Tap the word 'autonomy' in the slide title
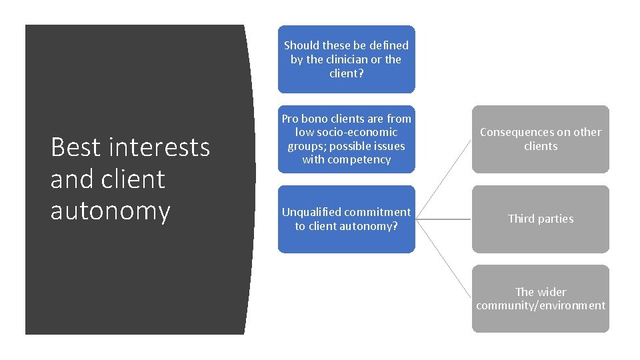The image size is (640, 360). [x=110, y=211]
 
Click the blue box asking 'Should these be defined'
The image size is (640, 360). [x=346, y=59]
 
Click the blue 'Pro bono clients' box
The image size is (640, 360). [x=346, y=139]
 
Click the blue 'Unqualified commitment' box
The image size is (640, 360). [x=346, y=219]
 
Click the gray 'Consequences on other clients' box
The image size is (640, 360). [x=541, y=139]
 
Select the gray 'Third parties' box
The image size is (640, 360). [x=541, y=219]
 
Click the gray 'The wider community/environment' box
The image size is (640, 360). [x=541, y=299]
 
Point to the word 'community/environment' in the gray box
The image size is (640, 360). [x=541, y=306]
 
